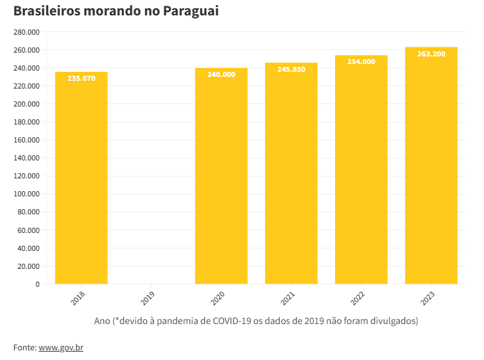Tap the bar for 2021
point(291,180)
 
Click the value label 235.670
point(81,78)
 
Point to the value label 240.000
point(221,74)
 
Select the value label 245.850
point(291,69)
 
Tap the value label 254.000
point(361,62)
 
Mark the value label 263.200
point(431,54)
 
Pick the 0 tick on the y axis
point(37,284)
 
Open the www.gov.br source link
point(61,348)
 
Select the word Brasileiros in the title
point(44,12)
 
